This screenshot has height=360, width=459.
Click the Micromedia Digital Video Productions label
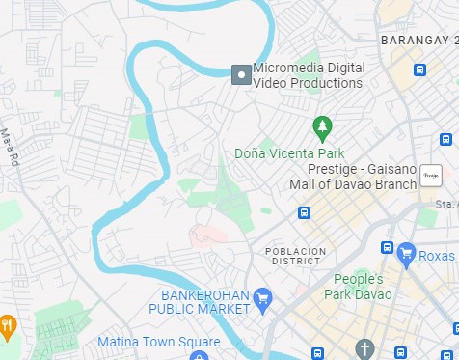point(309,75)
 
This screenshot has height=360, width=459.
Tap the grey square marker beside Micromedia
point(240,74)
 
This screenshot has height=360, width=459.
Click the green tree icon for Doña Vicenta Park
point(322,126)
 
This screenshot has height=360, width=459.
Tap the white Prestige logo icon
point(430,177)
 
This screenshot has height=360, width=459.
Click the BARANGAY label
point(416,41)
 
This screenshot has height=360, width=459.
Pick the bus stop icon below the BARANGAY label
point(419,69)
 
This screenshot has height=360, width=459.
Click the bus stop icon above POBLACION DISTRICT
point(304,213)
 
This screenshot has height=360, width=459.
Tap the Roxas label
point(437,256)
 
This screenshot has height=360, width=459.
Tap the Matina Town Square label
point(158,342)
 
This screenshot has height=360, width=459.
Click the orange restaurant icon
point(7,325)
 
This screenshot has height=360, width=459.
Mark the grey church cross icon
point(364,347)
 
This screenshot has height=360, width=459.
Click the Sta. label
point(445,205)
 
